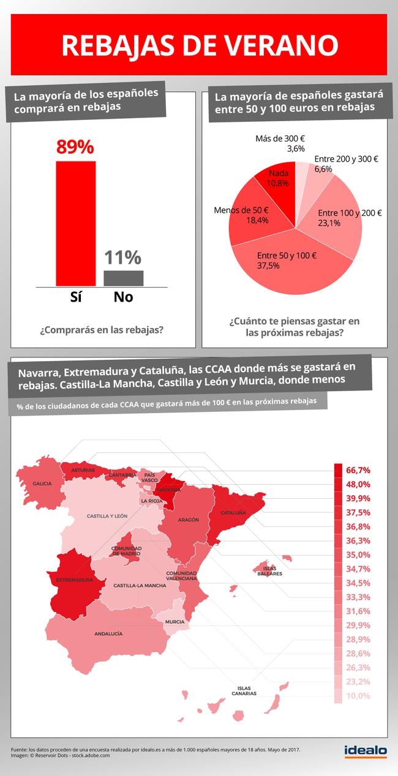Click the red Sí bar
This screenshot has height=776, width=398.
tap(76, 223)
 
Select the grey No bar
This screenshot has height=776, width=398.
tap(123, 278)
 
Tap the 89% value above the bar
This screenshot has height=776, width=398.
tap(75, 147)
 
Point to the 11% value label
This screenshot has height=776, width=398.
tap(122, 258)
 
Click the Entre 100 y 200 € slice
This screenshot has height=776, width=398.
tap(337, 220)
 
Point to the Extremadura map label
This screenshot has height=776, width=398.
tap(74, 580)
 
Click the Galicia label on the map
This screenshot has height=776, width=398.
tap(42, 483)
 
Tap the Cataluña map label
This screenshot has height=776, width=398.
tap(233, 512)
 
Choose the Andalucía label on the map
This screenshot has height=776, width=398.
tap(108, 633)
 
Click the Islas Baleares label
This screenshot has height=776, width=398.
tap(269, 572)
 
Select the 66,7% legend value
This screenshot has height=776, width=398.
tap(358, 470)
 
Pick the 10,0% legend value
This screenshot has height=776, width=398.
tap(358, 696)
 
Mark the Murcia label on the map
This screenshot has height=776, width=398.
tap(175, 622)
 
